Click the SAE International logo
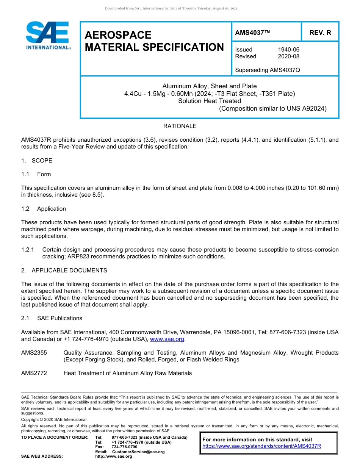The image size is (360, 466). [47, 35]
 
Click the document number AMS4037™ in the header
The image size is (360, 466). [252, 33]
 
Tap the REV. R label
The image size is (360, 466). [320, 33]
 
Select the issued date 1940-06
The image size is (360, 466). [289, 50]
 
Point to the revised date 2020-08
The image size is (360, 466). [289, 56]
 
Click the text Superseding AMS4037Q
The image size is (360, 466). [268, 70]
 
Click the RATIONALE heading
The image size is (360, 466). [180, 126]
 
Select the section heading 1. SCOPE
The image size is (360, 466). [37, 161]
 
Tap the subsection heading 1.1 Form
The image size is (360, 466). [36, 174]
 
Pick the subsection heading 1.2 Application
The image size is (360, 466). [44, 209]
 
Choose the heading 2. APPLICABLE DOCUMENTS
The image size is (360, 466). [64, 271]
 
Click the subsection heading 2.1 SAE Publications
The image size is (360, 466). [52, 318]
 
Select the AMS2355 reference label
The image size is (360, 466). [34, 353]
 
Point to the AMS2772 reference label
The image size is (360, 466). [34, 373]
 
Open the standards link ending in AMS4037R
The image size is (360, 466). [261, 446]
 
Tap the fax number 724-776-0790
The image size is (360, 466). [125, 447]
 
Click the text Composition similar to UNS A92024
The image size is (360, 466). [273, 109]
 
